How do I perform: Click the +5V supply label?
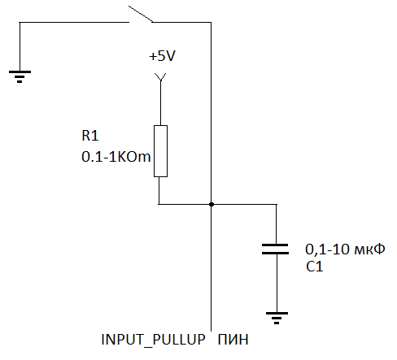click(162, 56)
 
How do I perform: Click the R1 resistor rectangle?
click(160, 151)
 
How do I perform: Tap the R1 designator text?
click(89, 136)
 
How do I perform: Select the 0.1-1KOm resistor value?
click(116, 157)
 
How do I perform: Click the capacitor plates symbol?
click(275, 249)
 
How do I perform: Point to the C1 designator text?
click(314, 267)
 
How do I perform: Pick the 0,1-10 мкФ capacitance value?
click(345, 249)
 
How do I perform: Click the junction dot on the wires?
click(212, 204)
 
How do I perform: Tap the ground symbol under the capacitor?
click(277, 318)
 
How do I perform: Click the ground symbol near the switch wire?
click(20, 76)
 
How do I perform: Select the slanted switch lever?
click(141, 14)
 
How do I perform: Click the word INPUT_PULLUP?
click(153, 340)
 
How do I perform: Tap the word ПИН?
click(233, 340)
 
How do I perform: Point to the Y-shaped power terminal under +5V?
click(160, 77)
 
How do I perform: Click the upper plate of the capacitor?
click(275, 245)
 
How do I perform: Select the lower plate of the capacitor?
click(275, 254)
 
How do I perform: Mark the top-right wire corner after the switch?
click(211, 23)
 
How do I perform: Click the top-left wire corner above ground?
click(20, 23)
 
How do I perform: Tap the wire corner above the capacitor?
click(277, 204)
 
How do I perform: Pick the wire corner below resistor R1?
click(159, 204)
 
